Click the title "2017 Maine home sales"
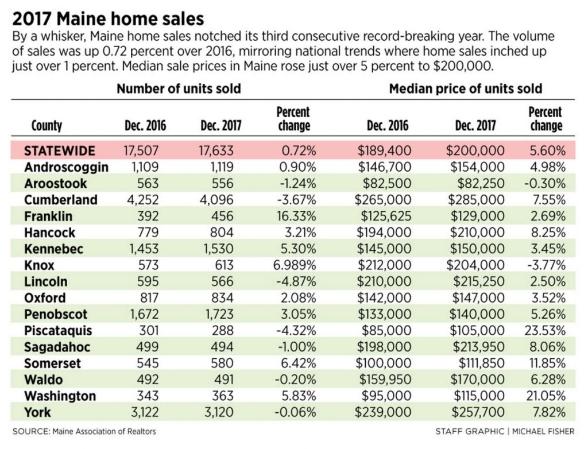[108, 18]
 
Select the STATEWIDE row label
[60, 151]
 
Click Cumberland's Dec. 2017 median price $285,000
[475, 200]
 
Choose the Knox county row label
[40, 265]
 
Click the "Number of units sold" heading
[179, 89]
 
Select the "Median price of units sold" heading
[465, 89]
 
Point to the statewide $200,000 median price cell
[475, 151]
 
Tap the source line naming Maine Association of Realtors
[84, 431]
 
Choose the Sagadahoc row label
[57, 347]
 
